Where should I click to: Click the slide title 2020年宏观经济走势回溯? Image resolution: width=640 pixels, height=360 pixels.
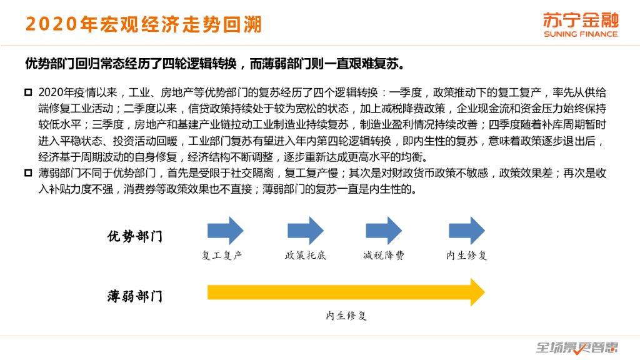pyautogui.click(x=143, y=24)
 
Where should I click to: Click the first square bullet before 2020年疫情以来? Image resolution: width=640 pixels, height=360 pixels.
pyautogui.click(x=28, y=92)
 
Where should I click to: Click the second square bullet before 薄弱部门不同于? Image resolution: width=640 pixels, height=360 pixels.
pyautogui.click(x=28, y=173)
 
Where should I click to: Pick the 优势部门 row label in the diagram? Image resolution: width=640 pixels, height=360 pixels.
pyautogui.click(x=135, y=237)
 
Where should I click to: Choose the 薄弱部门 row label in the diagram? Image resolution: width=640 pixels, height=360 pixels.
pyautogui.click(x=135, y=296)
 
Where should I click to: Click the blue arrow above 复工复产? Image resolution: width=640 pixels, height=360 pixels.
pyautogui.click(x=225, y=231)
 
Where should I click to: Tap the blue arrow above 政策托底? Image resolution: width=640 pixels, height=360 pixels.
pyautogui.click(x=306, y=231)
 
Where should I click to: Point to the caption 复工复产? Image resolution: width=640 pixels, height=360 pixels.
pyautogui.click(x=222, y=256)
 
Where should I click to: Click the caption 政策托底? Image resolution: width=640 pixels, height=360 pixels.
pyautogui.click(x=306, y=256)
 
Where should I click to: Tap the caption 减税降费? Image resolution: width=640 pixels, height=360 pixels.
pyautogui.click(x=384, y=256)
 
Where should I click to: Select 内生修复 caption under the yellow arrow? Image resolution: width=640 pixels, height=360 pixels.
pyautogui.click(x=346, y=316)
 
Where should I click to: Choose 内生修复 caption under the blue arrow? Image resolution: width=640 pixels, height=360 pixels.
pyautogui.click(x=466, y=256)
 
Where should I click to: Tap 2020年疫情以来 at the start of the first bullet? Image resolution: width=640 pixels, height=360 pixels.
pyautogui.click(x=69, y=92)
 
